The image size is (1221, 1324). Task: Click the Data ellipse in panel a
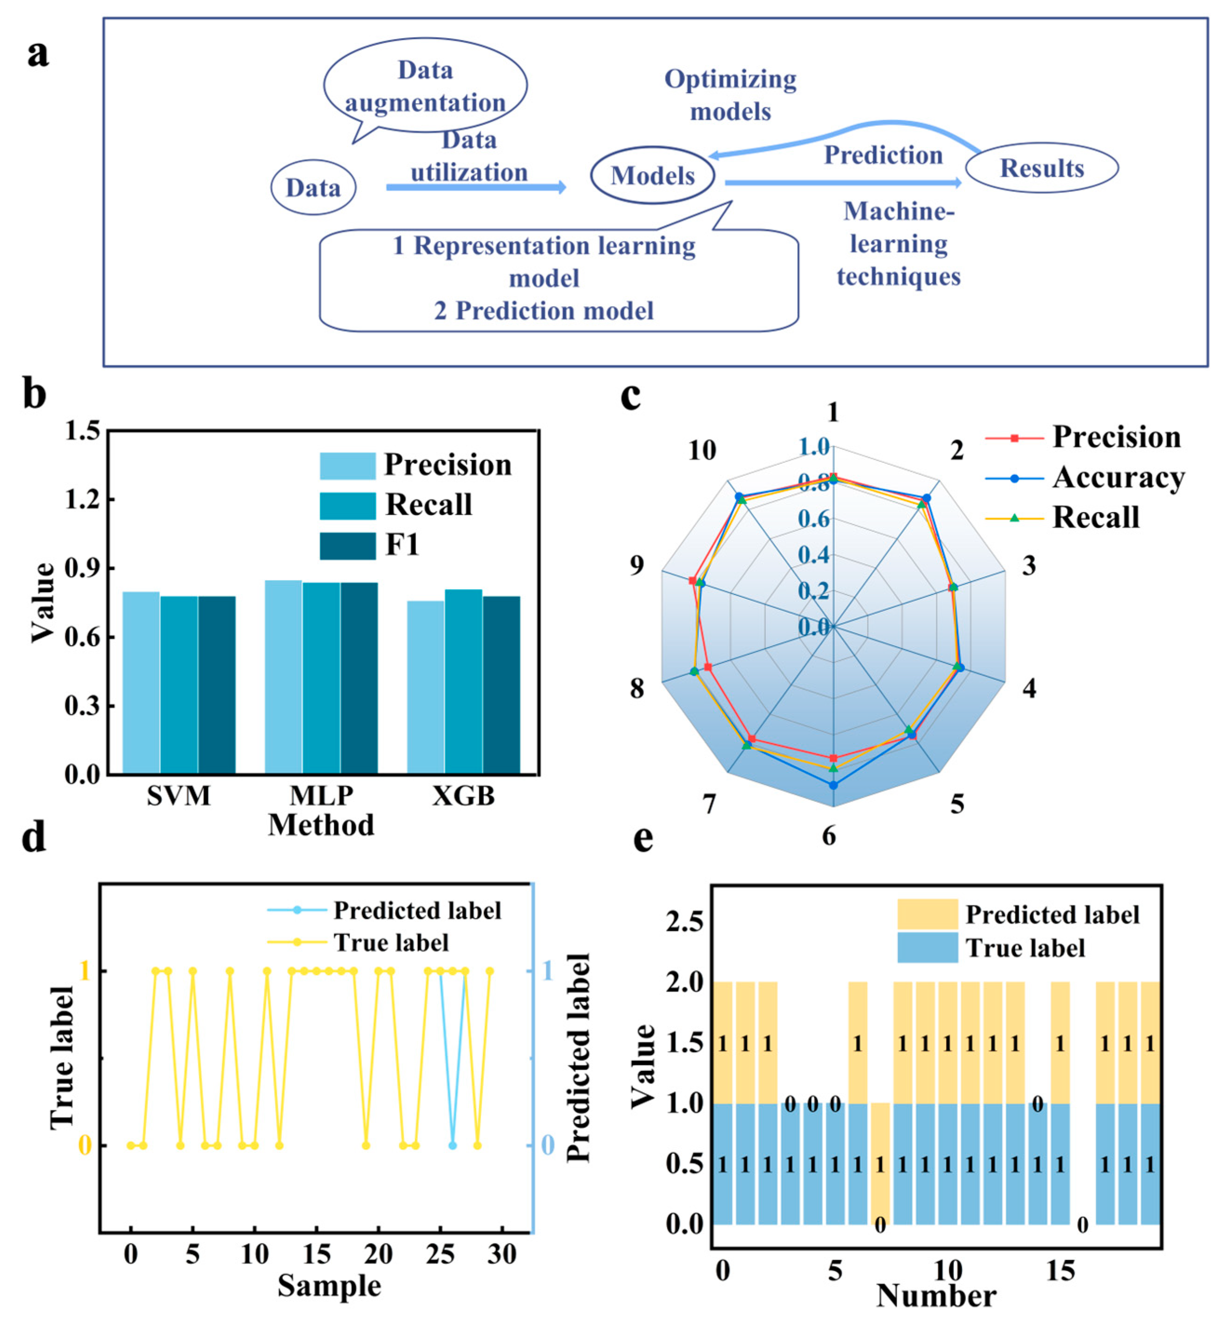click(313, 187)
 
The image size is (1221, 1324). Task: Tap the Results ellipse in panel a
click(1041, 168)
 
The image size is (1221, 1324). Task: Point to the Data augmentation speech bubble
click(425, 87)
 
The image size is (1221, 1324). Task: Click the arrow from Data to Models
click(476, 187)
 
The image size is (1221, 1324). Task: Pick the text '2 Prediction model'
click(544, 310)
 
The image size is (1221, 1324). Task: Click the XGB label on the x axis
click(463, 796)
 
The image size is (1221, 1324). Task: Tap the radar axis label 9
click(636, 566)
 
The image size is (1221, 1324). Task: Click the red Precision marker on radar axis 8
click(708, 667)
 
